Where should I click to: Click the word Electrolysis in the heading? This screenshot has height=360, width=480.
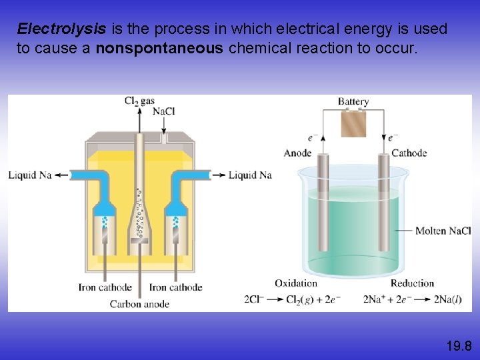pyautogui.click(x=61, y=29)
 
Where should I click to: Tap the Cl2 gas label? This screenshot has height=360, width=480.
pyautogui.click(x=139, y=101)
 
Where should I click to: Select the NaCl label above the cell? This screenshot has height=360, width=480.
pyautogui.click(x=164, y=112)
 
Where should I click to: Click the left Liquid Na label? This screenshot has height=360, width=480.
pyautogui.click(x=30, y=175)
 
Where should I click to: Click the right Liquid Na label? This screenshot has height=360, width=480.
pyautogui.click(x=250, y=175)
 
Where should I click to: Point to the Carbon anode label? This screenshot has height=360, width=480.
pyautogui.click(x=139, y=304)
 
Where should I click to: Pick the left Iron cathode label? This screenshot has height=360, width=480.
pyautogui.click(x=105, y=288)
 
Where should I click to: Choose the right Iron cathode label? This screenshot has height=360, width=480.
pyautogui.click(x=175, y=288)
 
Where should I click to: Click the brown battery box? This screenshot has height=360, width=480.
pyautogui.click(x=353, y=123)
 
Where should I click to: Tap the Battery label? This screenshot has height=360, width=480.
pyautogui.click(x=353, y=102)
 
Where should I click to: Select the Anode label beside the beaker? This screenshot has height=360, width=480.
pyautogui.click(x=297, y=153)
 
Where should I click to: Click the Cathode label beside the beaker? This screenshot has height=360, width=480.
pyautogui.click(x=409, y=153)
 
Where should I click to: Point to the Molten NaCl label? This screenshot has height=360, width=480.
pyautogui.click(x=443, y=231)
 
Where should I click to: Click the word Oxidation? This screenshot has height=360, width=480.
pyautogui.click(x=296, y=283)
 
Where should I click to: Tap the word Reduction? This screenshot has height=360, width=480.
pyautogui.click(x=412, y=283)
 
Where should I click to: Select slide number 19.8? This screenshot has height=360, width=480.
pyautogui.click(x=459, y=345)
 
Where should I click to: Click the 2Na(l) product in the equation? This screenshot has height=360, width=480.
pyautogui.click(x=447, y=299)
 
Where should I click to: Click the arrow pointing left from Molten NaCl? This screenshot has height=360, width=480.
pyautogui.click(x=403, y=231)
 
